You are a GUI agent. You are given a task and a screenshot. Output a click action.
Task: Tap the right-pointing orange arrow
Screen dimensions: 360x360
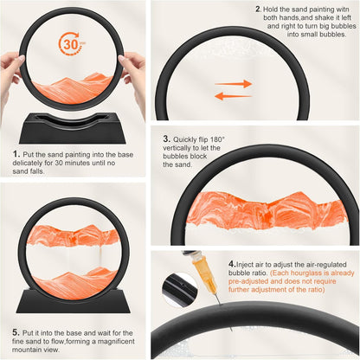click(234, 84)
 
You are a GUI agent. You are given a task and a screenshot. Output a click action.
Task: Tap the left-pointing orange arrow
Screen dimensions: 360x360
click(234, 96)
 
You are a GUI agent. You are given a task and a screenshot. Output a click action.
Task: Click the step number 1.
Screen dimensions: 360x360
click(16, 154)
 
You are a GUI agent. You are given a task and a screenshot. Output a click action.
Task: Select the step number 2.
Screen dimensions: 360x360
click(258, 10)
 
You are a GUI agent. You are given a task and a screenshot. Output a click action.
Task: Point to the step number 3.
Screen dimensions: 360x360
click(166, 138)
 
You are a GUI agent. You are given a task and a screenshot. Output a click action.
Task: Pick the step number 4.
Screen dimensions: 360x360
click(232, 264)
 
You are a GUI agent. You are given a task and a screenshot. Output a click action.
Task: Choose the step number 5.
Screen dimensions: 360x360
click(16, 332)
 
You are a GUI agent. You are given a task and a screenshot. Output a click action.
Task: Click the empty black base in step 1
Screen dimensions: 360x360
click(72, 129)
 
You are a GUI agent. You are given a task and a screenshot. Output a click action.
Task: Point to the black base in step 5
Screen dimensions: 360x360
click(74, 301)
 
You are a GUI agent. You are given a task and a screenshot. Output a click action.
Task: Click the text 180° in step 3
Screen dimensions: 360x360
click(217, 139)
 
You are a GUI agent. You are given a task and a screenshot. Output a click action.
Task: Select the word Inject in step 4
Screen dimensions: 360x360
click(245, 265)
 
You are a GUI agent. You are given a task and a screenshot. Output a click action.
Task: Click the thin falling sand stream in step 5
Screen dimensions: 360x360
click(100, 258)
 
